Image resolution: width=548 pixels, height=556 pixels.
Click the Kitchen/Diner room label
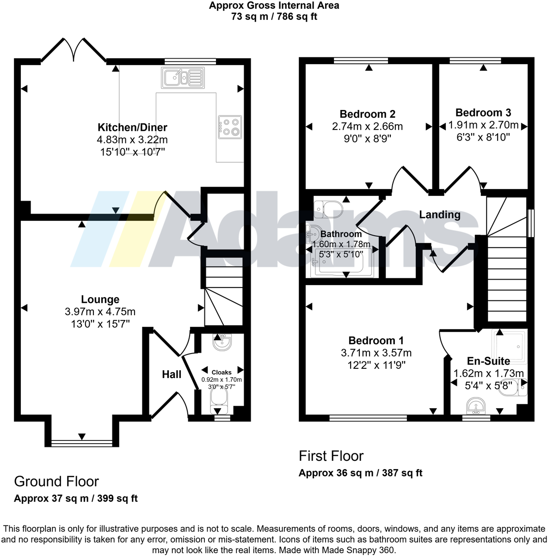tap(132, 128)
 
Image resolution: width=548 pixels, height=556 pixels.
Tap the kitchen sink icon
tap(182, 78)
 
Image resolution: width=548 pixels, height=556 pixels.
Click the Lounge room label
tap(100, 299)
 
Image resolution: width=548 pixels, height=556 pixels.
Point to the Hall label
tap(172, 374)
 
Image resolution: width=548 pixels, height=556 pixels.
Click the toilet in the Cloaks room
tap(219, 400)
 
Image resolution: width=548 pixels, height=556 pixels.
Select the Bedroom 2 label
tap(367, 114)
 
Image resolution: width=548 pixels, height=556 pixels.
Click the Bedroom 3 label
tap(483, 113)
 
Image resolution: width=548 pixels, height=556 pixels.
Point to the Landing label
tap(439, 214)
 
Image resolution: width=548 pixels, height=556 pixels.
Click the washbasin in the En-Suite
tap(476, 405)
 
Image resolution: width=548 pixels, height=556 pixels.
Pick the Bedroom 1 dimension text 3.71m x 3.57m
tap(376, 353)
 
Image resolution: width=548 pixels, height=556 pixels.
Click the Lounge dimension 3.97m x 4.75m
tap(100, 312)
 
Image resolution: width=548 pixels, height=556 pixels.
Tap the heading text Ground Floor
tap(56, 482)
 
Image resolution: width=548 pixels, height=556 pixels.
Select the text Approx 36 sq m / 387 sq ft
tap(360, 473)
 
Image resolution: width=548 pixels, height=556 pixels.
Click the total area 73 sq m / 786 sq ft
tap(274, 17)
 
